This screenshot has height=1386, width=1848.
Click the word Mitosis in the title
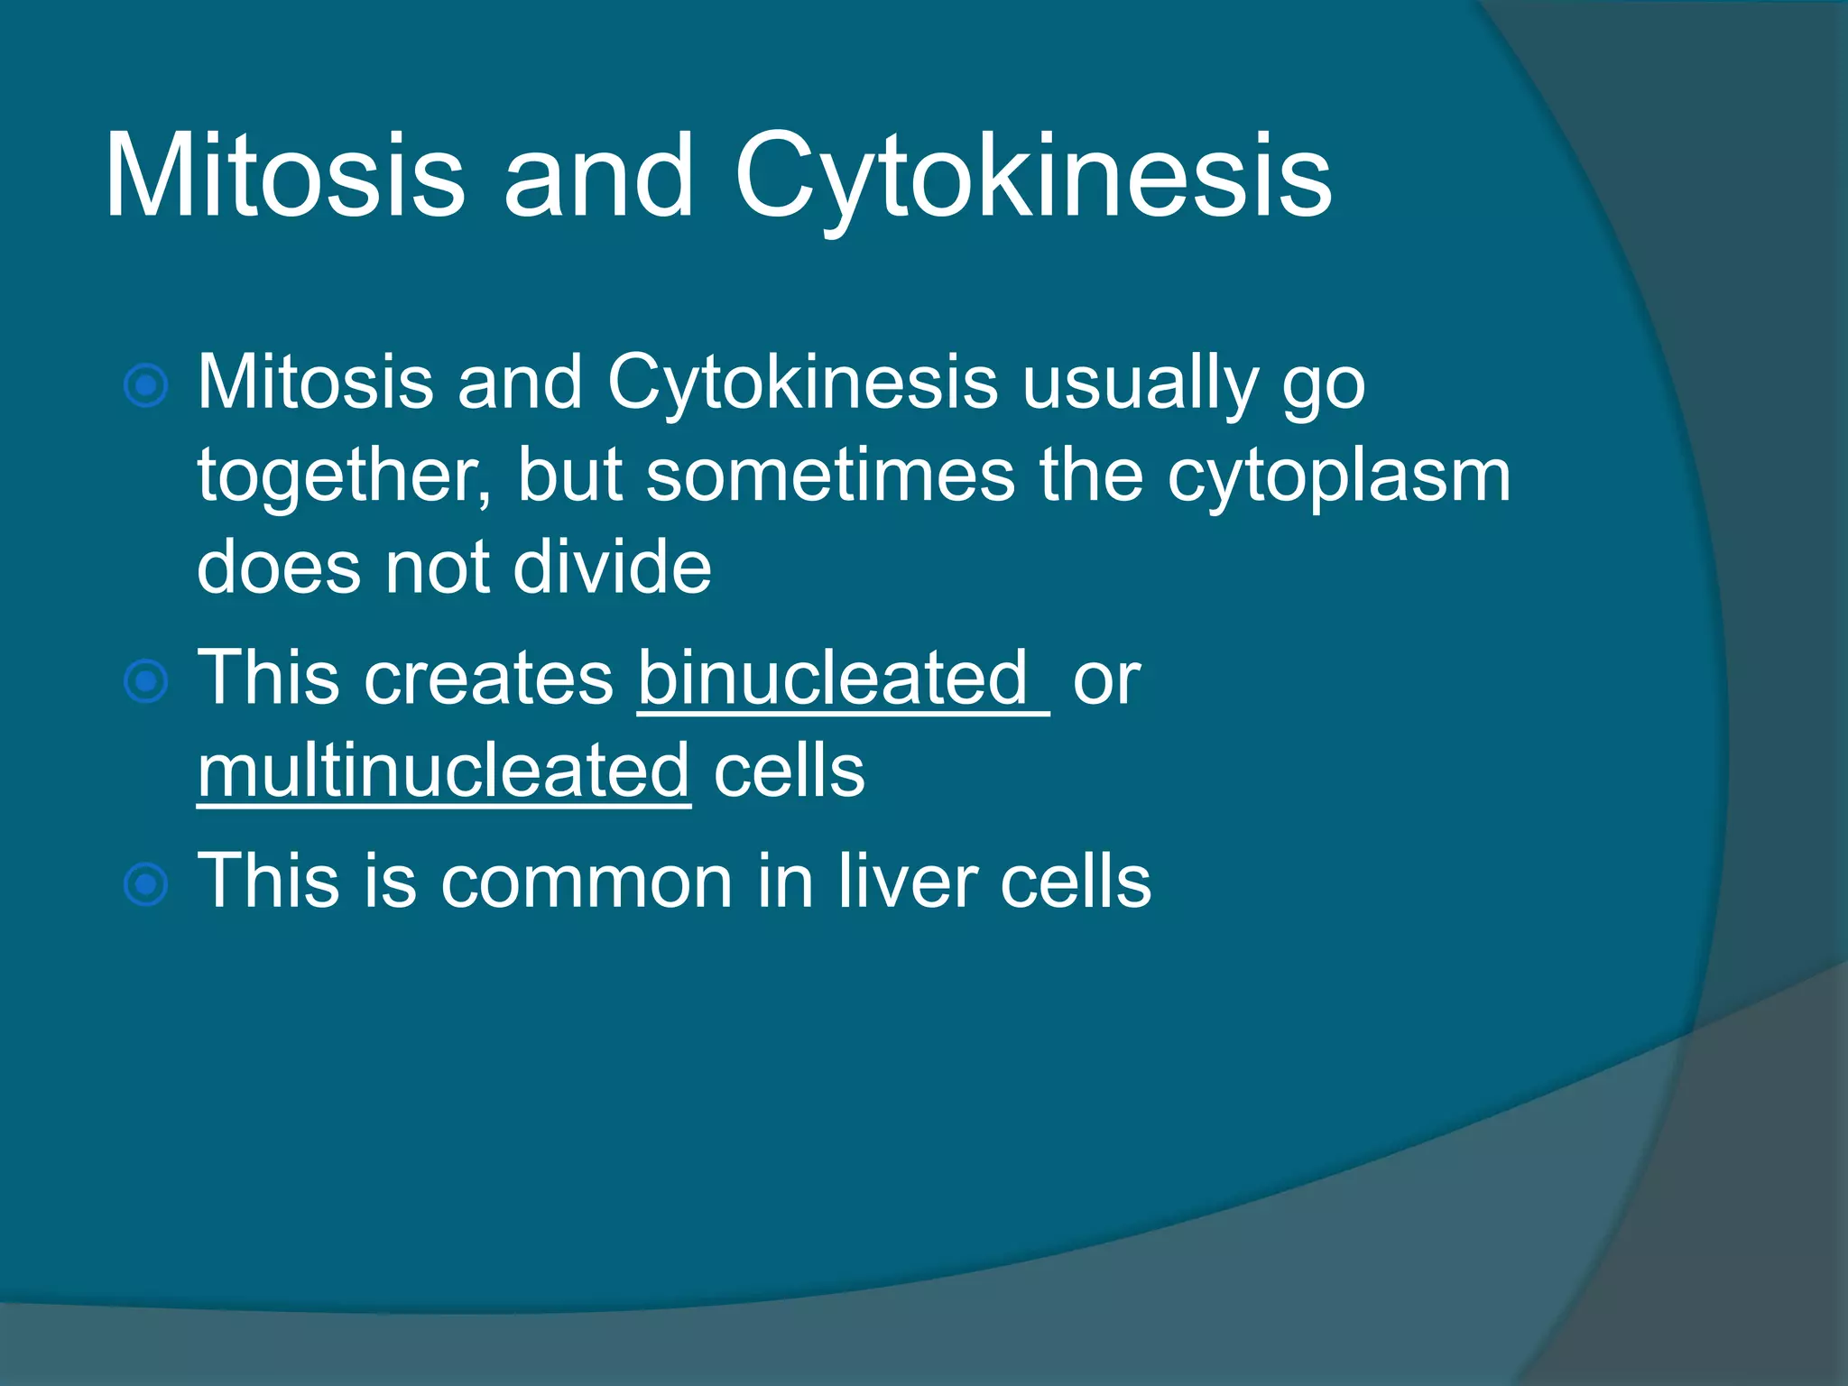point(284,176)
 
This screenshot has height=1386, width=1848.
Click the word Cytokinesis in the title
point(1032,176)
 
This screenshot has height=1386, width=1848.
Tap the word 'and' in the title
point(598,176)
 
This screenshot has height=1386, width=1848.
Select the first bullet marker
point(145,387)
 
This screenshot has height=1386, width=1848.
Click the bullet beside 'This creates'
point(145,681)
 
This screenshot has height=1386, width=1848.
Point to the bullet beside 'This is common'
point(145,884)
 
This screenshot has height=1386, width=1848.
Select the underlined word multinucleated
point(444,772)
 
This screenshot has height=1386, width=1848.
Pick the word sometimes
point(830,477)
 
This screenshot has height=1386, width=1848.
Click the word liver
point(907,882)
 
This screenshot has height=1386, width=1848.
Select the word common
point(587,882)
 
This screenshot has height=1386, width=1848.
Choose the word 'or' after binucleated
point(1106,679)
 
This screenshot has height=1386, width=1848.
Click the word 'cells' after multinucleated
point(789,772)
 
